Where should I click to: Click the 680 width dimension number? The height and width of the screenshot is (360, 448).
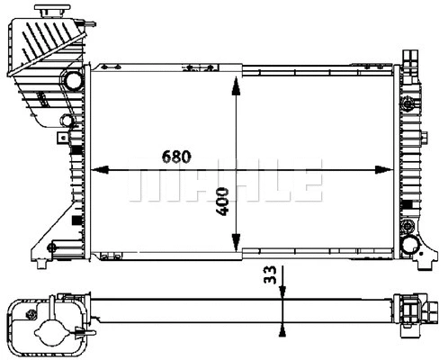coord(176,156)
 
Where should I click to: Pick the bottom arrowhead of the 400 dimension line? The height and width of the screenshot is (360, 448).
coord(235,244)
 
